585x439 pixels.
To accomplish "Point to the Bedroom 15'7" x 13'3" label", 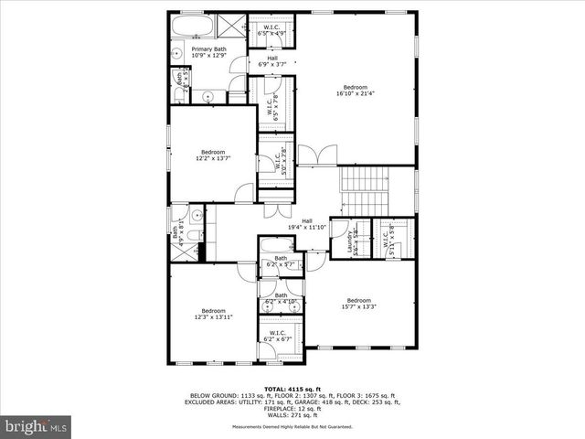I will (x=358, y=304).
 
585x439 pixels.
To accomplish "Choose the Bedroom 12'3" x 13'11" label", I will (x=213, y=314).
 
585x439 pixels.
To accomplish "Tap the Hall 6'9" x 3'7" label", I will (x=271, y=61).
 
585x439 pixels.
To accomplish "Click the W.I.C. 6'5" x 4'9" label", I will (x=271, y=30).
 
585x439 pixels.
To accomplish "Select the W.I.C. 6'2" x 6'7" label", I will (x=274, y=337).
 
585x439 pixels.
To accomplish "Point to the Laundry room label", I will (x=350, y=243).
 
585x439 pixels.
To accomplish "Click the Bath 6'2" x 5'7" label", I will (x=280, y=262).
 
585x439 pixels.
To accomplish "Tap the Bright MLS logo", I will (x=37, y=426).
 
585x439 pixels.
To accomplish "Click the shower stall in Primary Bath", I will (x=233, y=25).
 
